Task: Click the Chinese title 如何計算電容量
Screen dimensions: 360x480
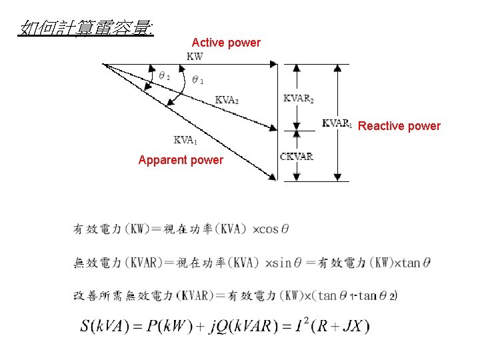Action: point(87,27)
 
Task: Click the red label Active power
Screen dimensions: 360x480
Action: point(226,43)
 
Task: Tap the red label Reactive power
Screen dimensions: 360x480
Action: point(399,126)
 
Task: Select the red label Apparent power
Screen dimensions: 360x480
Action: point(181,160)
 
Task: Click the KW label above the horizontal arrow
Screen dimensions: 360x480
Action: point(195,57)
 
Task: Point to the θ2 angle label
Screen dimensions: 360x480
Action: point(163,76)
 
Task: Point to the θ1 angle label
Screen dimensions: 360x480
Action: point(197,80)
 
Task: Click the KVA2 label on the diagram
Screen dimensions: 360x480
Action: point(227,100)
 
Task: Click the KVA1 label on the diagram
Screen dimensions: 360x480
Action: point(185,140)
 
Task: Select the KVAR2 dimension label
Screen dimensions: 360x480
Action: point(298,99)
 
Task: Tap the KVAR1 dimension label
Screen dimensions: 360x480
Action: point(337,123)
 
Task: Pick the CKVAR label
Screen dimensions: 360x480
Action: point(296,157)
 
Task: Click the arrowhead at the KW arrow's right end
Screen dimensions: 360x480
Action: point(273,64)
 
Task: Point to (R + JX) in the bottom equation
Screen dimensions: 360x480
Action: point(344,327)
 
